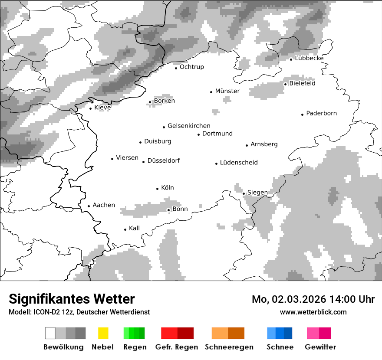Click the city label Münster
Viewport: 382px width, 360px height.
[227, 91]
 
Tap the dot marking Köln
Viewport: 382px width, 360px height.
[158, 189]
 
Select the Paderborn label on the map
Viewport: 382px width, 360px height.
[321, 114]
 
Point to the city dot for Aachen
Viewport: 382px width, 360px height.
[89, 206]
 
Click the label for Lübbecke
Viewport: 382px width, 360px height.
[309, 58]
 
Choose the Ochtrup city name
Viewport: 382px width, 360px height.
[191, 67]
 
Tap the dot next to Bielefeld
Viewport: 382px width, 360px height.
[286, 84]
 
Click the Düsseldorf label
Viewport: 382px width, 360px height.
[163, 161]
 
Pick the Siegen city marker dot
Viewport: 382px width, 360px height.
[244, 193]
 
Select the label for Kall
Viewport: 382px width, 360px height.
[134, 228]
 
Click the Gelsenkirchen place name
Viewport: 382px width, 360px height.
[189, 126]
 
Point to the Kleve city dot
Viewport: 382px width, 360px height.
[91, 108]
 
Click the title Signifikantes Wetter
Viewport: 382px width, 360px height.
[72, 299]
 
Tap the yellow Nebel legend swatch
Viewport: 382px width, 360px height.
[103, 333]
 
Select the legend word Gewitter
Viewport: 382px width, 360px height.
[320, 347]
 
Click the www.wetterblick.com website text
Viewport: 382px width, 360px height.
[313, 312]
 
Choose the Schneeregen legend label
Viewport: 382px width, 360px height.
[229, 347]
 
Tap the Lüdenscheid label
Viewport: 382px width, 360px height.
[239, 163]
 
